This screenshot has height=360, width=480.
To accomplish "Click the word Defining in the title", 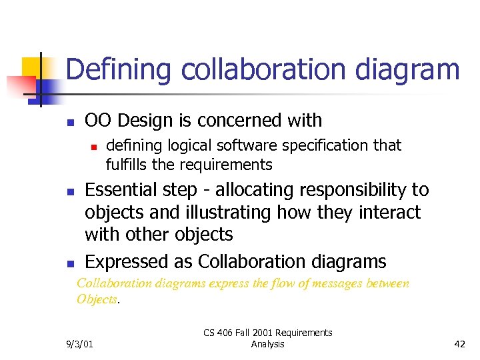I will [109, 70].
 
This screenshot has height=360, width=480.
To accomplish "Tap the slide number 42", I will [459, 344].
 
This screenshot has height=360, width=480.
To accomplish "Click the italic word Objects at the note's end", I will [97, 299].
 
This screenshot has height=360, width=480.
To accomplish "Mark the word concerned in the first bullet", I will [239, 121].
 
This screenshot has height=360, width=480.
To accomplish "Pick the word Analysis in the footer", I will [268, 344].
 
